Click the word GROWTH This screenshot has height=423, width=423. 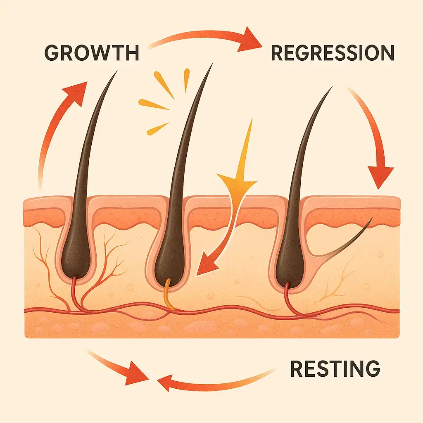(91, 53)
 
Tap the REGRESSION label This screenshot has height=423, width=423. (332, 53)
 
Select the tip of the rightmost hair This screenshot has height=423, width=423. (330, 89)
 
